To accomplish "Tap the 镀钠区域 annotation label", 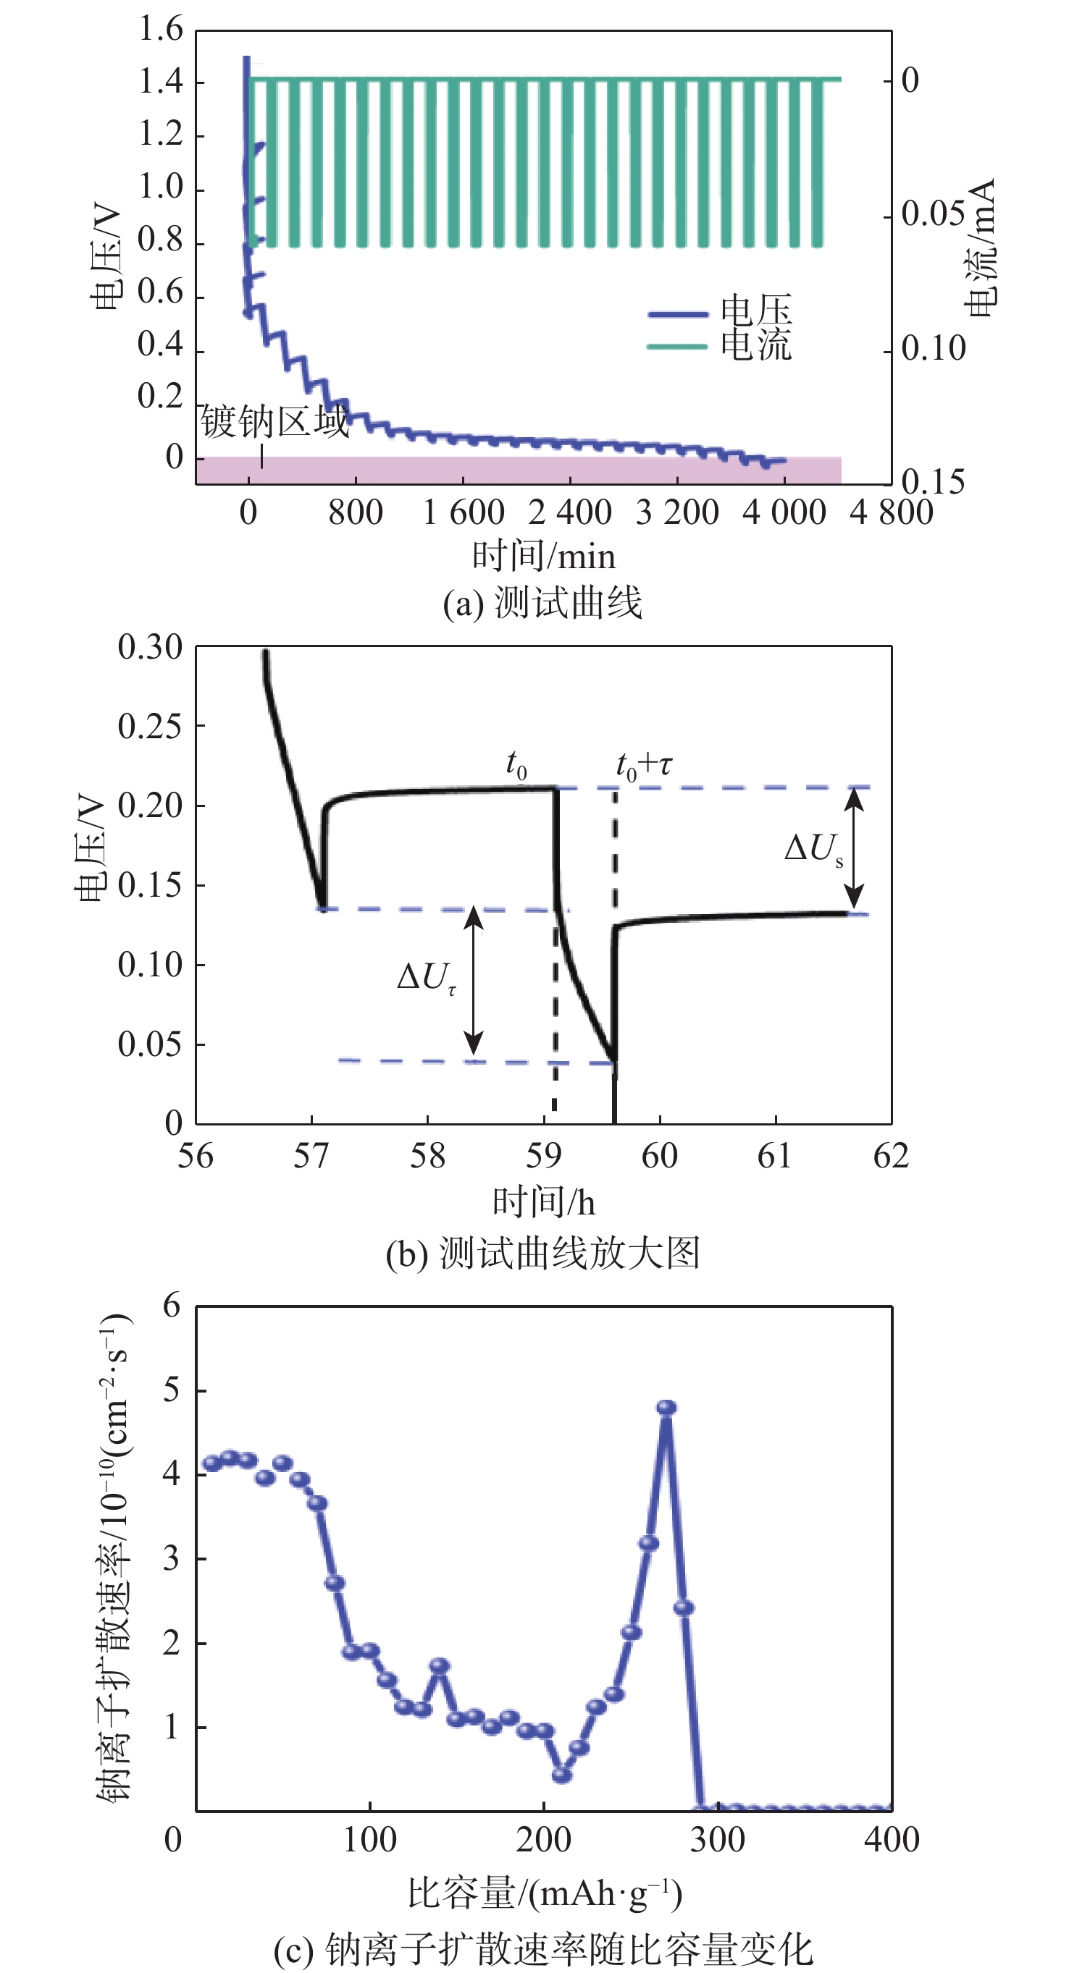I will (274, 422).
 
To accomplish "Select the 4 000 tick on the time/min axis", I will (784, 512).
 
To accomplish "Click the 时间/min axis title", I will (543, 556).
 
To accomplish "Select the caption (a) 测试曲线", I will (542, 603).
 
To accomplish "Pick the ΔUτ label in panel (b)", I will (426, 978).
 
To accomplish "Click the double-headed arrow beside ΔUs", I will (855, 849).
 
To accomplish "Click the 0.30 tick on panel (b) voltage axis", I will (150, 647).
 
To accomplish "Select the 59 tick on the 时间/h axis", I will (543, 1155).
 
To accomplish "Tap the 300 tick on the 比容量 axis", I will (717, 1838).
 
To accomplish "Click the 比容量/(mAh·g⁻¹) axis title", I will (544, 1893).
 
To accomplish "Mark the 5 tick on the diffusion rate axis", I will (172, 1390).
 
